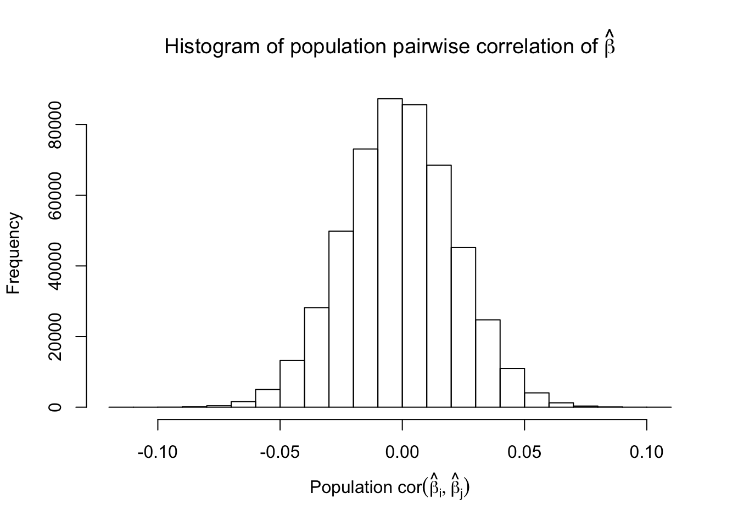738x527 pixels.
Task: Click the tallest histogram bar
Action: [x=390, y=253]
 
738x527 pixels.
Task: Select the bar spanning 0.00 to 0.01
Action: [x=415, y=256]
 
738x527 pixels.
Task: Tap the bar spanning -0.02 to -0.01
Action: [x=365, y=278]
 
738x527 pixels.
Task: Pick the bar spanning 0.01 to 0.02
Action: [x=439, y=286]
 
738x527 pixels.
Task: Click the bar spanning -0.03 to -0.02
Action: [x=341, y=319]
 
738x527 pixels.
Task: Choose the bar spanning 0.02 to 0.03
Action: [x=463, y=327]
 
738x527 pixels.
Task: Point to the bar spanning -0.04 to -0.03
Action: [x=316, y=357]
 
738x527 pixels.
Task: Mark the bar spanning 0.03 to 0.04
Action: [x=488, y=363]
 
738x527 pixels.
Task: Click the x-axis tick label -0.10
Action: [x=158, y=452]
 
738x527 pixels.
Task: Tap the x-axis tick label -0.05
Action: [x=280, y=452]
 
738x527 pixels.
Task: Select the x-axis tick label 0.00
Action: [x=402, y=452]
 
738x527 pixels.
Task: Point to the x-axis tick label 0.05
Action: [x=524, y=452]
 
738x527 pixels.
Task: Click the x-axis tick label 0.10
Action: [x=647, y=452]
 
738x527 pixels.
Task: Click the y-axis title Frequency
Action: [x=14, y=253]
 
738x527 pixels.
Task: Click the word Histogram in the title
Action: [x=210, y=47]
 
